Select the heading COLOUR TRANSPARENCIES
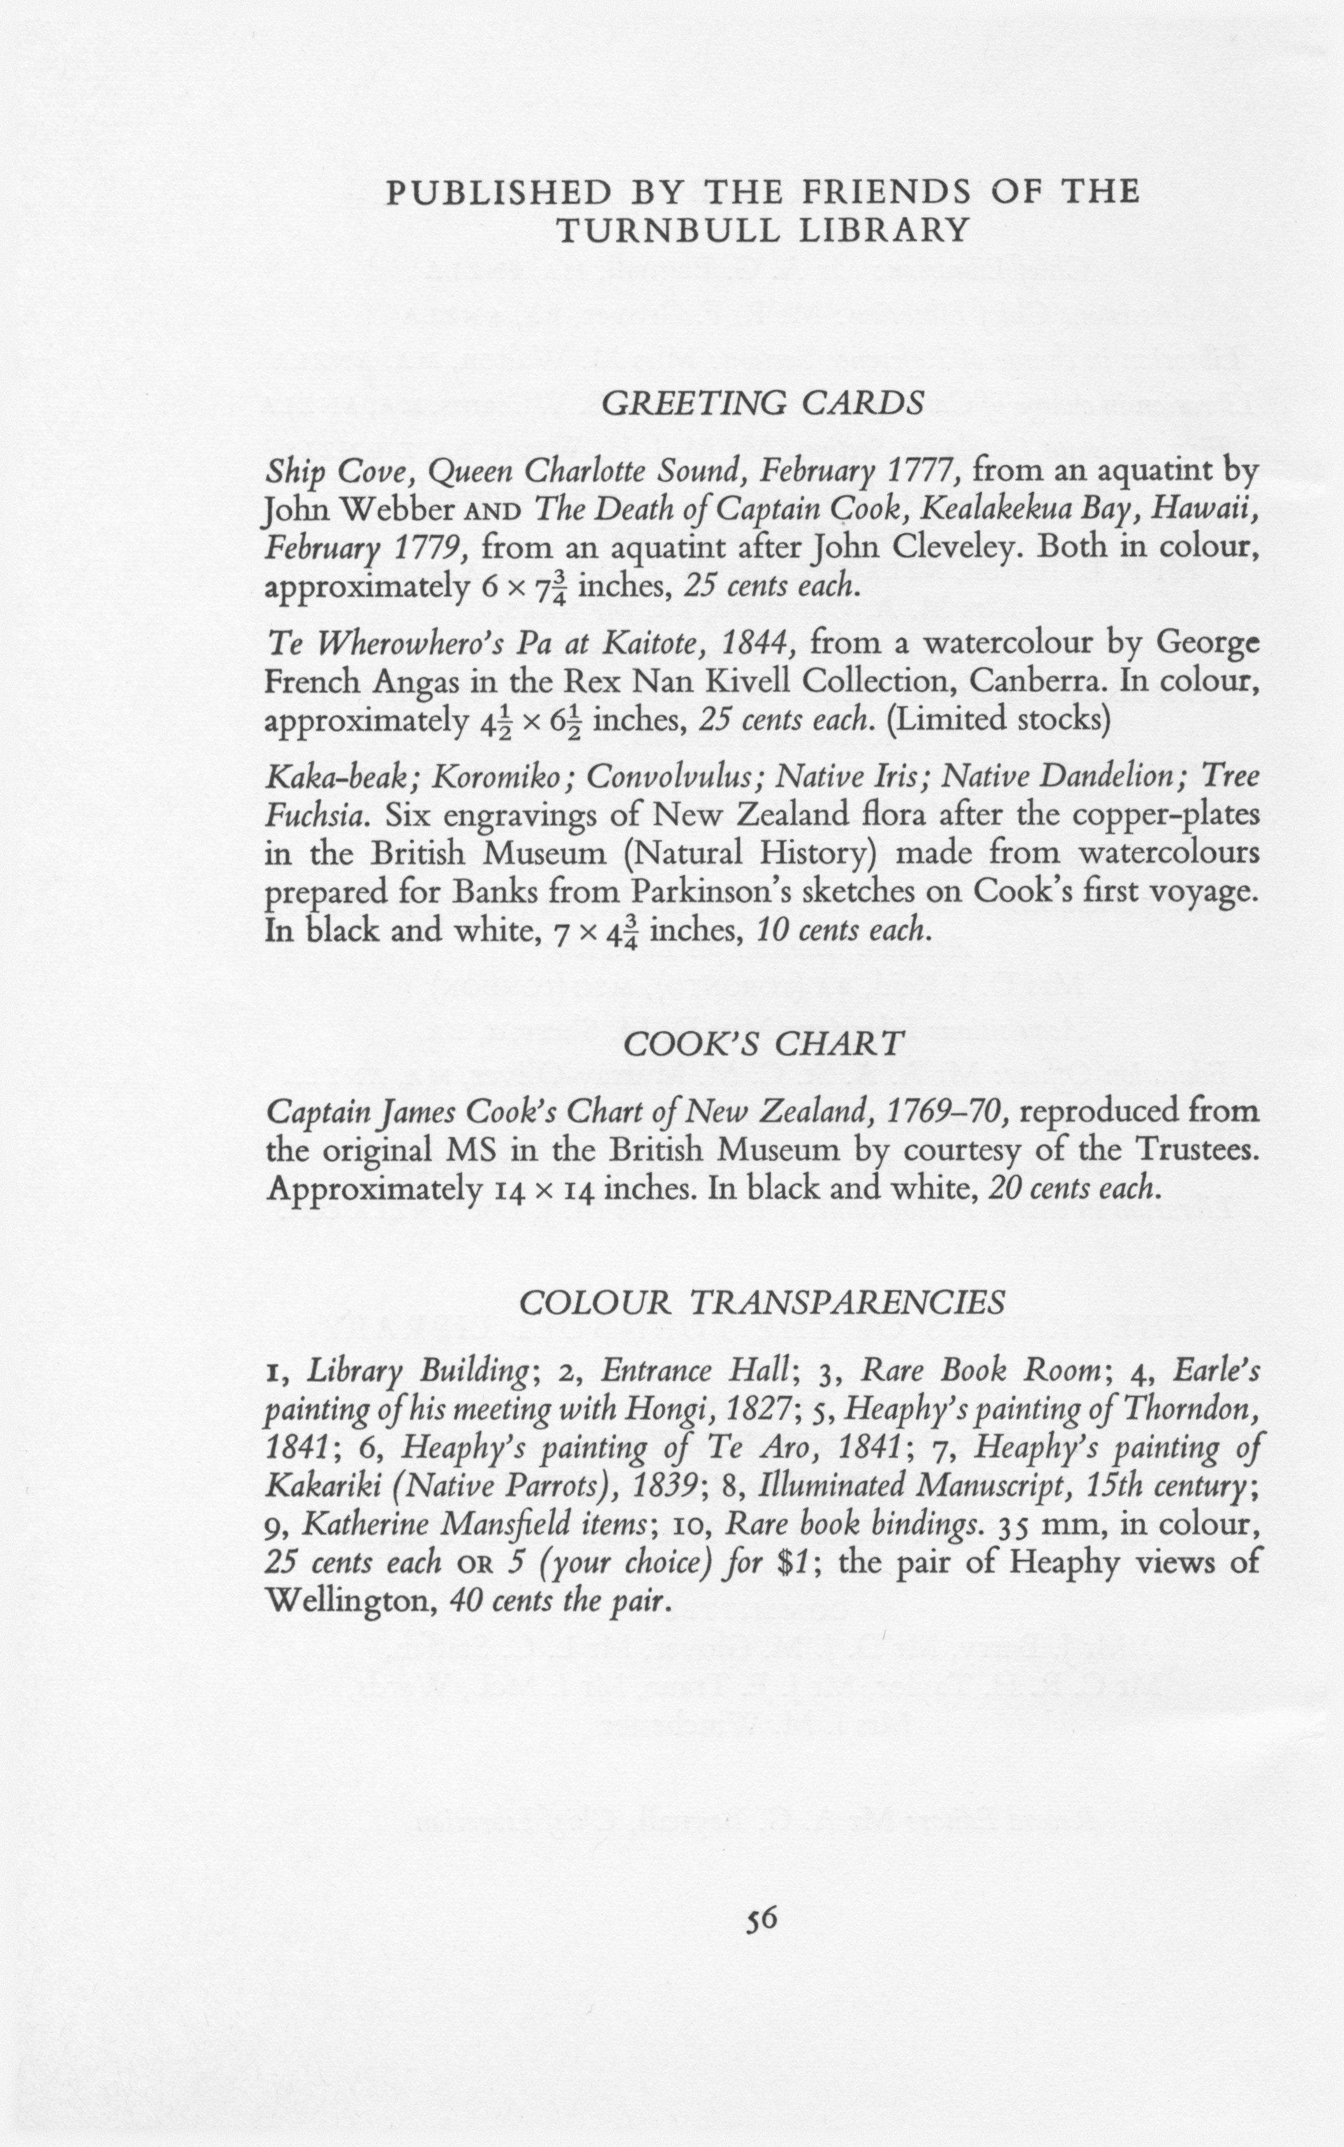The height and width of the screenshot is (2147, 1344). pos(762,1303)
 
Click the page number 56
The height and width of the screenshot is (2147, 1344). pos(762,1919)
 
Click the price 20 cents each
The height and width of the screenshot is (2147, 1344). pos(1075,1189)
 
